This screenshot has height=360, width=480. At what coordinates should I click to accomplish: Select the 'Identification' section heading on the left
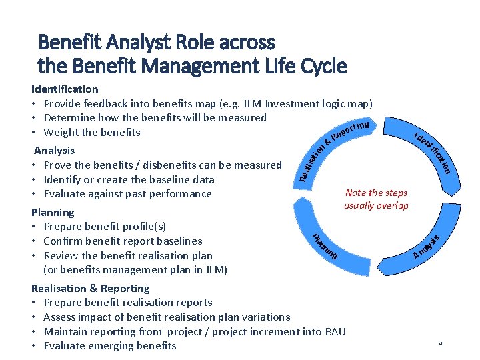(x=65, y=89)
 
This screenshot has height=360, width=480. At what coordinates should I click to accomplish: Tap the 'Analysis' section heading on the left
(x=54, y=150)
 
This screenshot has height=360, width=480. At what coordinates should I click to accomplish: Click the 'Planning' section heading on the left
(x=53, y=212)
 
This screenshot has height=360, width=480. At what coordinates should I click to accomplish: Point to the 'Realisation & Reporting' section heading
(x=90, y=288)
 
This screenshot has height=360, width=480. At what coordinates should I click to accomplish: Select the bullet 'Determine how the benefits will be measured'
(x=155, y=118)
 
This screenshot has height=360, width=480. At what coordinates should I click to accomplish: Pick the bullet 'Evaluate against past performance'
(x=127, y=194)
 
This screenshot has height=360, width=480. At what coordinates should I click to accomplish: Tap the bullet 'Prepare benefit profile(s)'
(x=105, y=227)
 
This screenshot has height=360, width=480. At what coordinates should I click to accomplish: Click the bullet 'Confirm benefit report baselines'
(x=123, y=241)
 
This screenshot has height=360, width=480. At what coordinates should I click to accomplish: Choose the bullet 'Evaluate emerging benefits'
(x=110, y=345)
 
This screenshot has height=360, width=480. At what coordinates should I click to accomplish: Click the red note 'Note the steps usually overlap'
(x=376, y=199)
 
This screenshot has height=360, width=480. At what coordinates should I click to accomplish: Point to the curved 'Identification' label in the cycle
(x=434, y=152)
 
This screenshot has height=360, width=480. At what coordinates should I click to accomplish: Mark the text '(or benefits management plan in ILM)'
(x=135, y=269)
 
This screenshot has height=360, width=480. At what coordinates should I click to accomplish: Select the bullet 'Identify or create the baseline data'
(x=129, y=179)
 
